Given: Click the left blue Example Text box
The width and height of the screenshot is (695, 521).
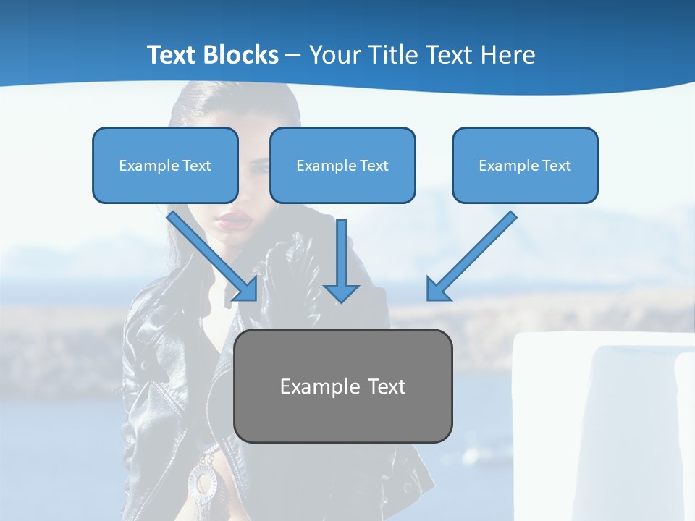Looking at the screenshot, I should click(165, 165).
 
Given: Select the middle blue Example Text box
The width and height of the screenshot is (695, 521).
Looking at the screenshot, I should click(342, 165).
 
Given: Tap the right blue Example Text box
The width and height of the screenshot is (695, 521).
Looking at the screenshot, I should click(525, 165).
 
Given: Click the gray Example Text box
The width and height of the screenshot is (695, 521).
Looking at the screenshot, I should click(342, 386).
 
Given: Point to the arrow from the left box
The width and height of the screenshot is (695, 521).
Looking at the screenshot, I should click(210, 253).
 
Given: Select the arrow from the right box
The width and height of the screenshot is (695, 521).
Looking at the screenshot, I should click(474, 253).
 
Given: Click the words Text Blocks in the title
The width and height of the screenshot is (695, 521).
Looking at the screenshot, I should click(212, 55).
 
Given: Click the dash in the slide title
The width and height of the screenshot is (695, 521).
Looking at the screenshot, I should click(293, 55).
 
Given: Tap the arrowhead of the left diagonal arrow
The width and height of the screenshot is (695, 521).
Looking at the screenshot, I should click(246, 289).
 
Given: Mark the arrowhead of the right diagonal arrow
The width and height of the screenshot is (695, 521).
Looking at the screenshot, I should click(437, 289).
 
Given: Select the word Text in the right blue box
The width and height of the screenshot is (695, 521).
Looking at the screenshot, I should click(556, 165).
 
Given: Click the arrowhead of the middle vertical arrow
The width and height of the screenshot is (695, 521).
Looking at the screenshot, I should click(341, 292).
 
